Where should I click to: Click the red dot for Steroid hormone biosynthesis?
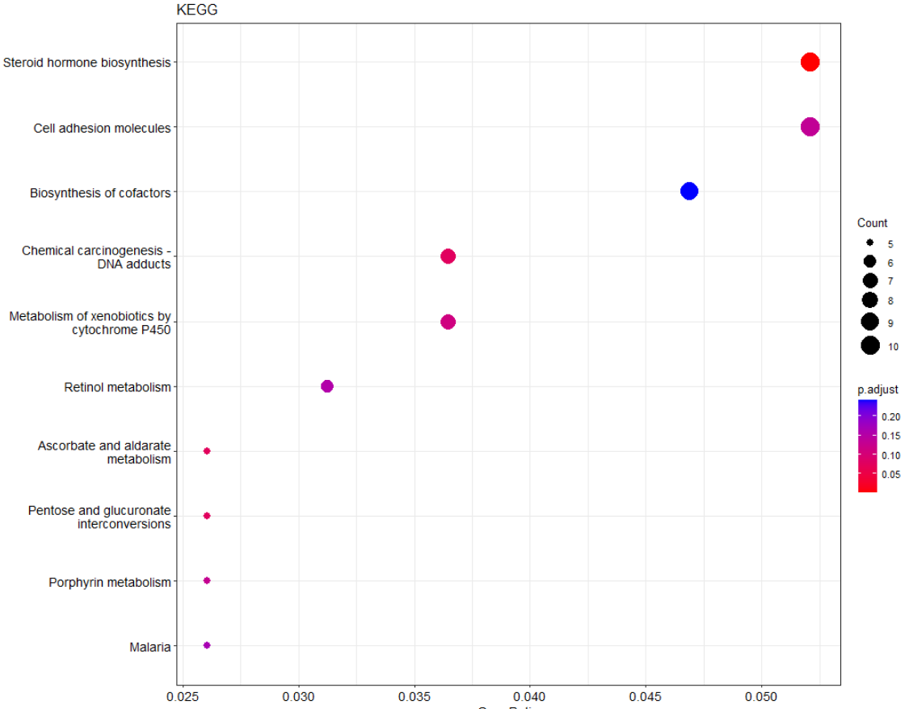tap(810, 62)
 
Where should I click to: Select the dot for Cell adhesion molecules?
tap(810, 127)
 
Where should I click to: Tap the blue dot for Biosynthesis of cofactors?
tap(689, 192)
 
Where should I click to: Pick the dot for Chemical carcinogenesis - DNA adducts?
tap(448, 256)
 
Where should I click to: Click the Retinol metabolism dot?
tap(327, 386)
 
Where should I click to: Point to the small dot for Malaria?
tap(207, 645)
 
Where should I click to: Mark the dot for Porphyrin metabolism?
tap(207, 580)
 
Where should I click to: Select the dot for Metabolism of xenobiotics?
tap(448, 322)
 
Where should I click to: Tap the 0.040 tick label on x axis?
tap(530, 696)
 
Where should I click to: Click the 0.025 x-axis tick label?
tap(183, 696)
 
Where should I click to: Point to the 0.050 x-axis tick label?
tap(761, 696)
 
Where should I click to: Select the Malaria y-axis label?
tap(149, 647)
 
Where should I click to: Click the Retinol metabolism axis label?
tap(117, 387)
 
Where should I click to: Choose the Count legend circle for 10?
tap(870, 346)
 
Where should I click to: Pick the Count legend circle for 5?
tap(870, 243)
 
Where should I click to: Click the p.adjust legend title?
tap(877, 390)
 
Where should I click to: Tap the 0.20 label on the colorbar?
tap(891, 416)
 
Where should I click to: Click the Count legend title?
tap(873, 223)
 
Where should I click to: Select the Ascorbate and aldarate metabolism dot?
tap(207, 451)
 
